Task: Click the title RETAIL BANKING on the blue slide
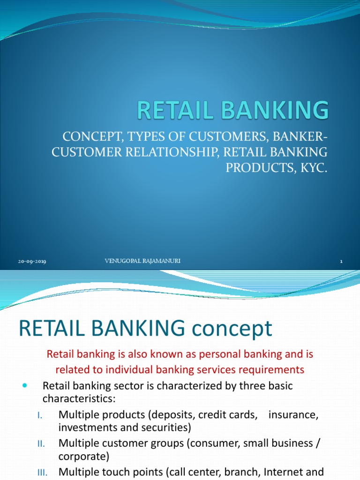tap(233, 111)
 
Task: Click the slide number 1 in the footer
tap(341, 262)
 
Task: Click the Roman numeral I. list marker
tap(40, 415)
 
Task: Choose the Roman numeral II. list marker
tap(40, 444)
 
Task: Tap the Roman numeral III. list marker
tap(42, 472)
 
